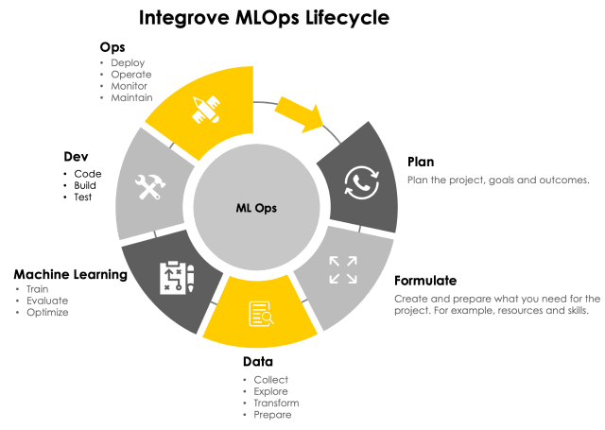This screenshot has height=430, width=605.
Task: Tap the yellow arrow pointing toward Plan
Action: (x=302, y=112)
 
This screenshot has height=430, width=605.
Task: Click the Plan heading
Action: (x=422, y=162)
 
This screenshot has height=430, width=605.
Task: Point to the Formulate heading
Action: (x=425, y=281)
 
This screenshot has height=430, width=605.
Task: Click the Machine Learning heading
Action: (x=70, y=275)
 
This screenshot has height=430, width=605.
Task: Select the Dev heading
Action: (x=76, y=156)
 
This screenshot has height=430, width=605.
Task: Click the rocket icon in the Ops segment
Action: (x=207, y=109)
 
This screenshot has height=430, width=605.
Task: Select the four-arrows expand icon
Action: (x=342, y=269)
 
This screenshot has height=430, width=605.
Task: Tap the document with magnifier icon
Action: (x=261, y=314)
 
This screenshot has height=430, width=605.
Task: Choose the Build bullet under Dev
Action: (x=85, y=186)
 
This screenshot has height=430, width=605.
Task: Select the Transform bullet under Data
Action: (x=277, y=403)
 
